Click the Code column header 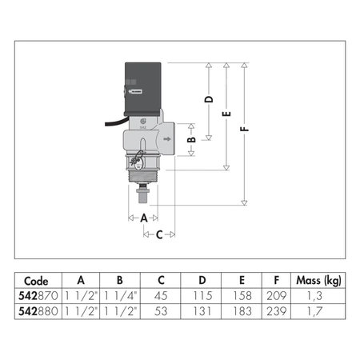[x=37, y=281]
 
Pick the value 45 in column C [x=161, y=294]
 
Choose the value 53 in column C [x=161, y=307]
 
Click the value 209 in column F [x=277, y=294]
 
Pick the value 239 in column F [x=277, y=307]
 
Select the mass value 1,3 [x=319, y=294]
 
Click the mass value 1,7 [x=319, y=307]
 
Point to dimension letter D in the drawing [x=210, y=100]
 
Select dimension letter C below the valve [x=159, y=234]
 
